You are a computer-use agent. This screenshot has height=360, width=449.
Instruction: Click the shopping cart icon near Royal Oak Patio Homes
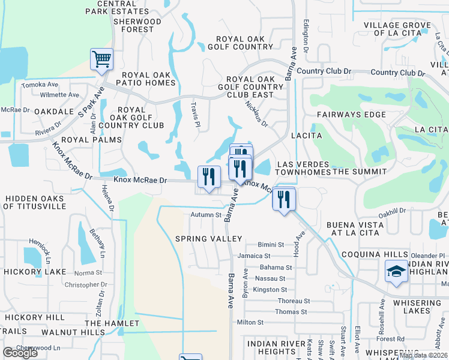coord(101,59)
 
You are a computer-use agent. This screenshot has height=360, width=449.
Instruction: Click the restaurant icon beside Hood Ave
coord(284,199)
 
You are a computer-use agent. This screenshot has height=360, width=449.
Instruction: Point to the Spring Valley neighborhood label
coord(208,239)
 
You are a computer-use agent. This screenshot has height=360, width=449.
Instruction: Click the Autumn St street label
coord(206,214)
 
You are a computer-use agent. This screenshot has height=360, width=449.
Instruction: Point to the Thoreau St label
coord(294,301)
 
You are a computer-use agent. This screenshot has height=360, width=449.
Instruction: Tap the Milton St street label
coord(250,323)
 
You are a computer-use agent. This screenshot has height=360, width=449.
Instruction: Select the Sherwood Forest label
coord(137,25)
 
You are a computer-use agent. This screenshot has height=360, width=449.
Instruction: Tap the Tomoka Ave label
coord(40,85)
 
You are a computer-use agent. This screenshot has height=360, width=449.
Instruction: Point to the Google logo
coord(20,353)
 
